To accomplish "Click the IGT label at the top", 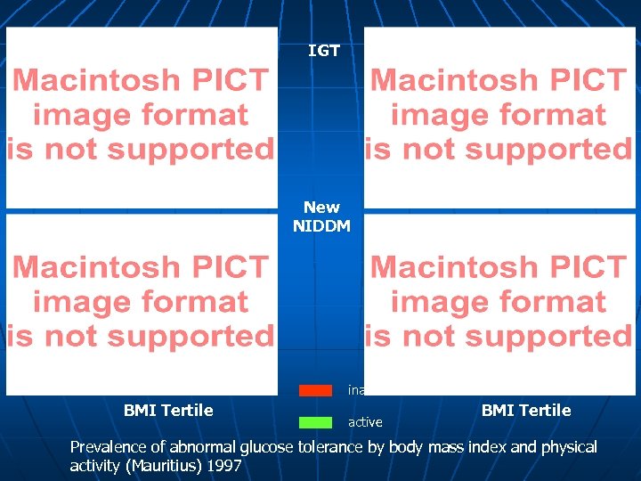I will coord(324,51).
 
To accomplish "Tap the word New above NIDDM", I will coord(321,207).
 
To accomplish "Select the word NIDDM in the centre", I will coord(321,225).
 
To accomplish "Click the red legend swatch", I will coord(315,390).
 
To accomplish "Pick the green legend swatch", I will coord(315,421).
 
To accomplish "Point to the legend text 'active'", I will coord(365,422).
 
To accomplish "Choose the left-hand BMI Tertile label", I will coord(168,410).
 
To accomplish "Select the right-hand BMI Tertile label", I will coord(526,410).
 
